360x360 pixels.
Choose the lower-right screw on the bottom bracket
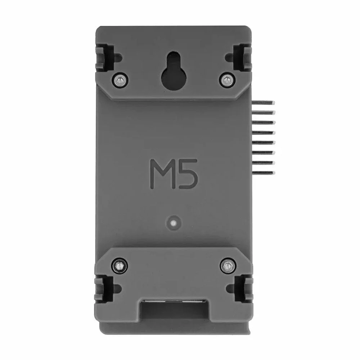click(x=226, y=266)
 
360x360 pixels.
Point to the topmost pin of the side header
click(x=264, y=102)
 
